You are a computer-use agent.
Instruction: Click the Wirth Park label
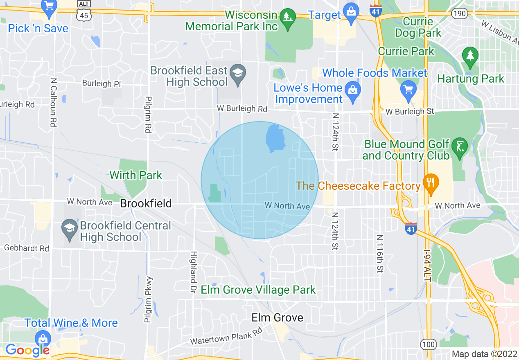pyautogui.click(x=136, y=175)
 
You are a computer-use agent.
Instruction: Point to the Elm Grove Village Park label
pyautogui.click(x=258, y=290)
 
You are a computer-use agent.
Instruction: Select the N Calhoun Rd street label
pyautogui.click(x=53, y=102)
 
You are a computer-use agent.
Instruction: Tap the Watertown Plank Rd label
pyautogui.click(x=226, y=337)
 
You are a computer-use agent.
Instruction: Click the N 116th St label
pyautogui.click(x=380, y=254)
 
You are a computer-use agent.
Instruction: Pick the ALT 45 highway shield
pyautogui.click(x=83, y=14)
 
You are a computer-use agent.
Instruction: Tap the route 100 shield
pyautogui.click(x=429, y=344)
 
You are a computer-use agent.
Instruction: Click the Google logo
pyautogui.click(x=27, y=350)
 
